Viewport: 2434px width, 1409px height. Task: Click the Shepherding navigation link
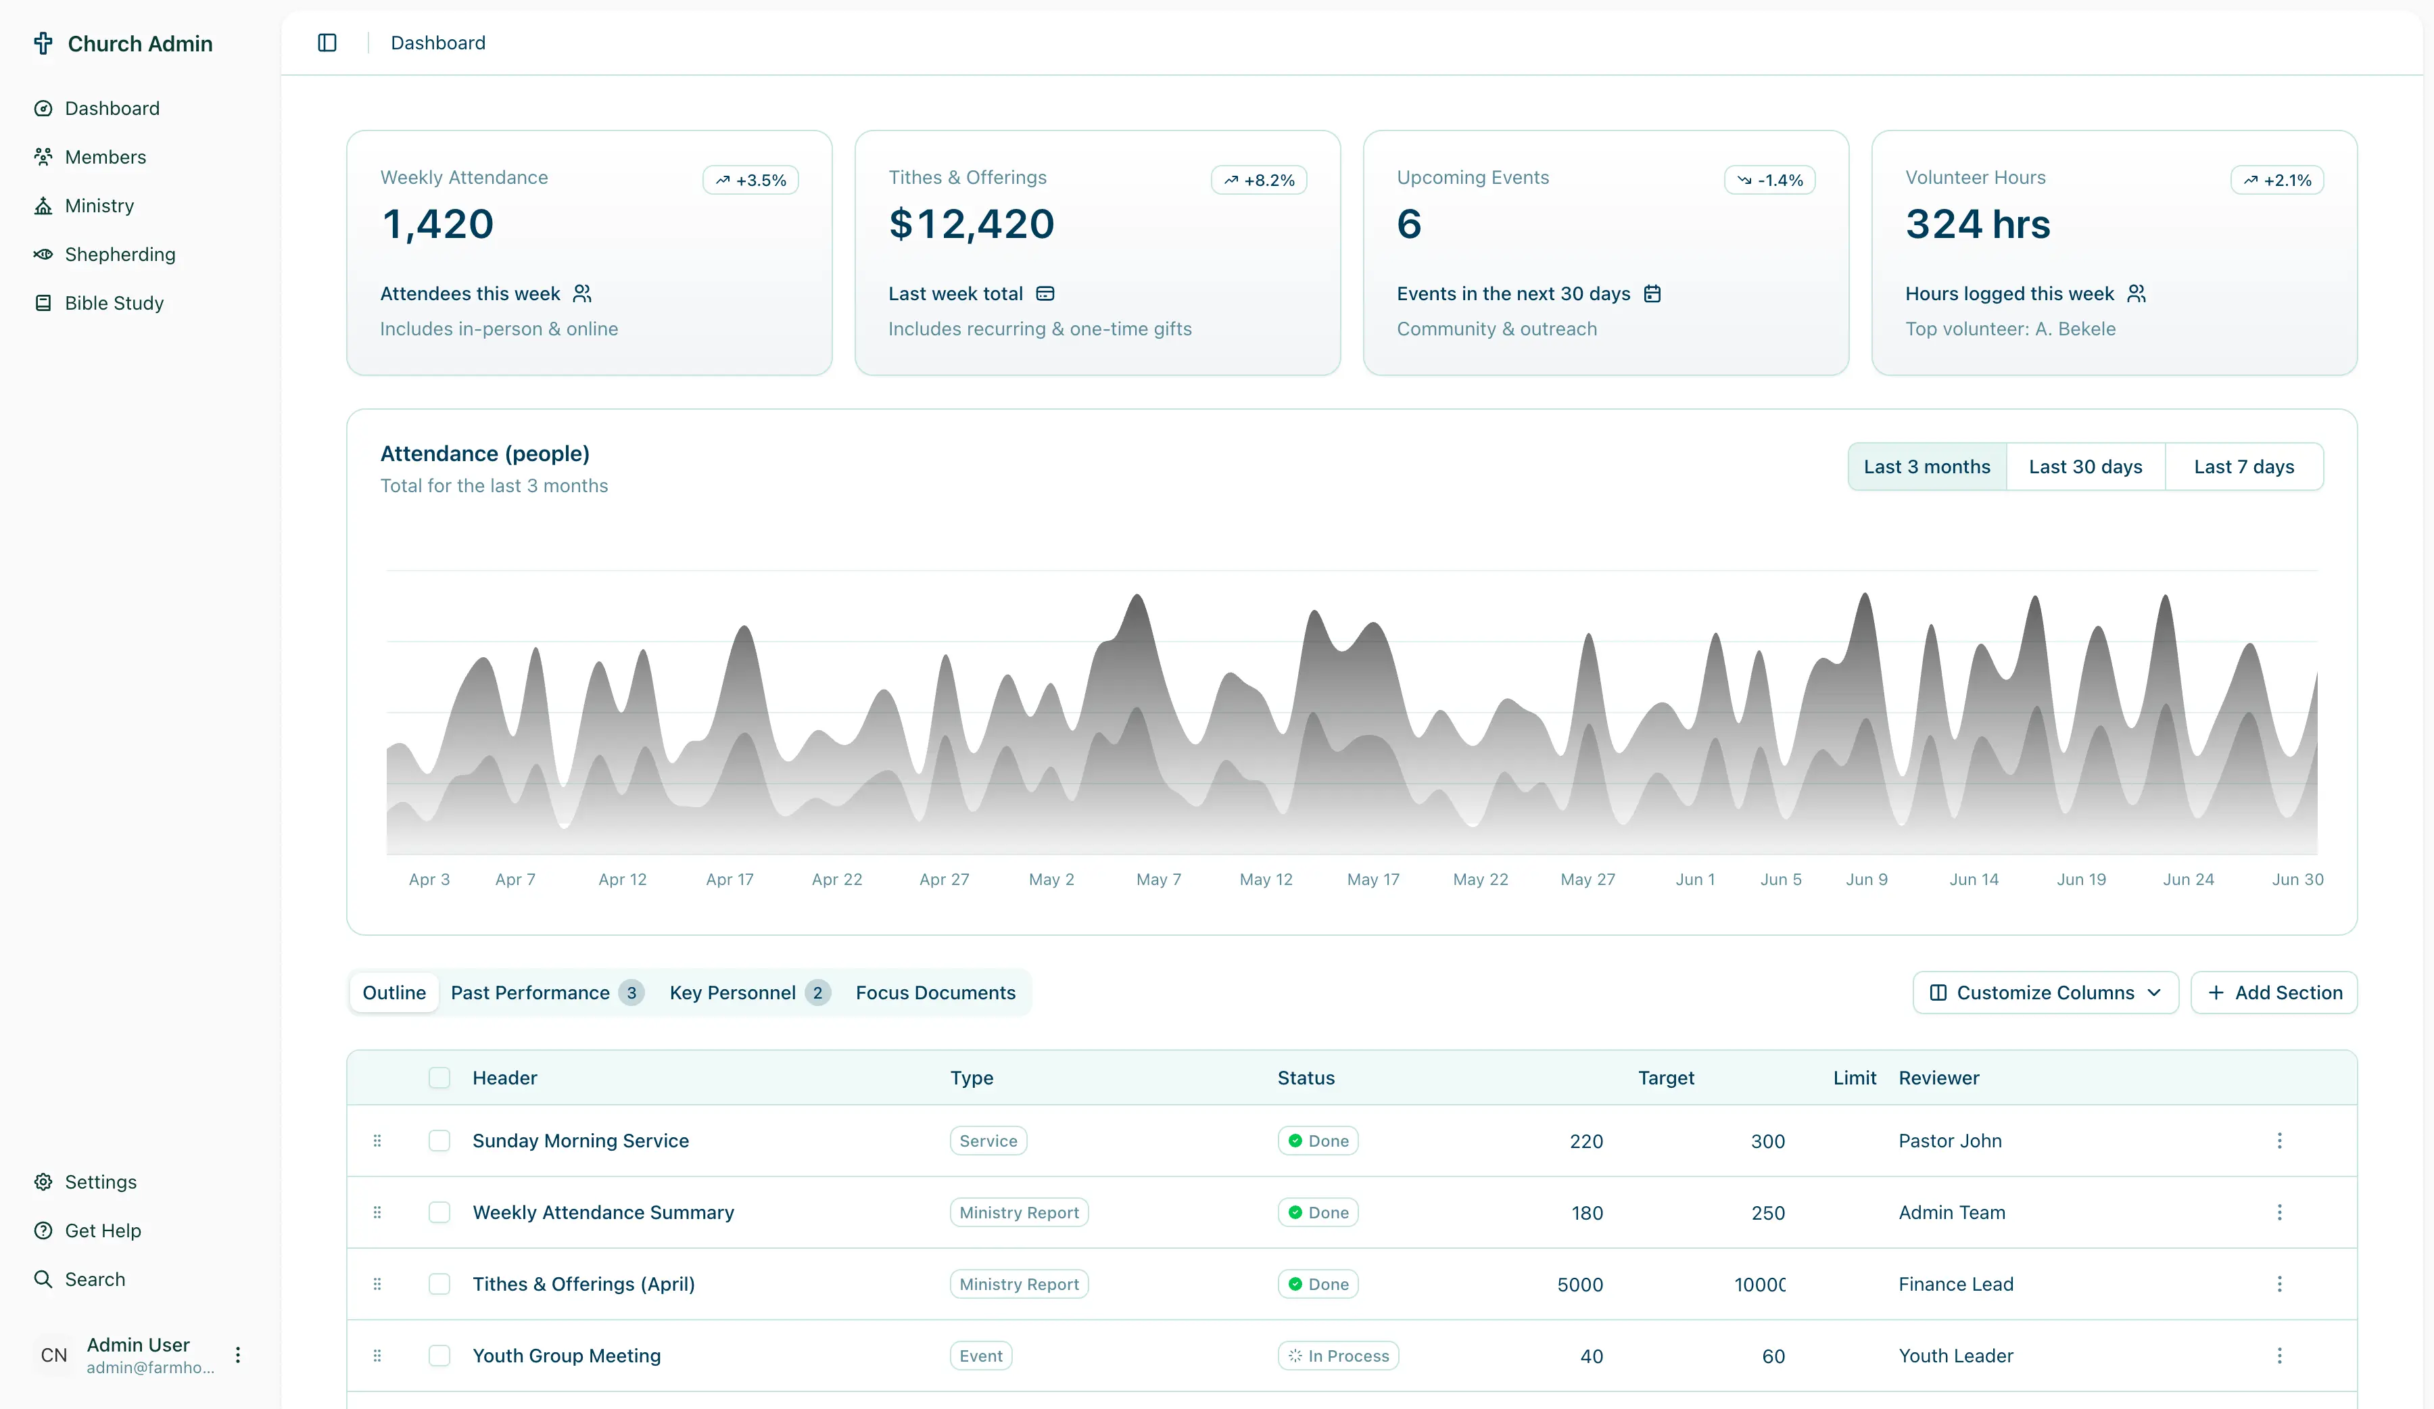pyautogui.click(x=119, y=254)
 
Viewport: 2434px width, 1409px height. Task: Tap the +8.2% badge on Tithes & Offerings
pyautogui.click(x=1258, y=180)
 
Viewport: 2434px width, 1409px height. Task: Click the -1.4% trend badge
pyautogui.click(x=1769, y=180)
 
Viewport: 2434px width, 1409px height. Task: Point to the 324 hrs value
pyautogui.click(x=1976, y=224)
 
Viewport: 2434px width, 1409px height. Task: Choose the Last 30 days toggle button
pyautogui.click(x=2084, y=467)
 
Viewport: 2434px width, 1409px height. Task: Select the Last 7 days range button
pyautogui.click(x=2243, y=467)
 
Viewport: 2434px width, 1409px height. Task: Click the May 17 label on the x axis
pyautogui.click(x=1372, y=879)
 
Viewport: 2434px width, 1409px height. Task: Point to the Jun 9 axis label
pyautogui.click(x=1865, y=879)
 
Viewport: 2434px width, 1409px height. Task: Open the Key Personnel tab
pyautogui.click(x=732, y=992)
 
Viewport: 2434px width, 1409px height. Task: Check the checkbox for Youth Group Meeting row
pyautogui.click(x=439, y=1355)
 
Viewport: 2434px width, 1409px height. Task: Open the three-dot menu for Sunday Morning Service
pyautogui.click(x=2278, y=1141)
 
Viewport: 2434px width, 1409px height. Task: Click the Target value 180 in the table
pyautogui.click(x=1586, y=1212)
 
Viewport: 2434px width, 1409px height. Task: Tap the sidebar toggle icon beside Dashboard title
pyautogui.click(x=327, y=43)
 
